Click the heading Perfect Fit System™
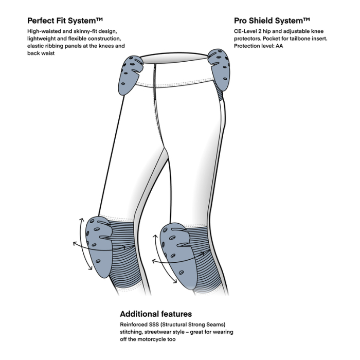pyautogui.click(x=65, y=21)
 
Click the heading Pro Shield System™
pyautogui.click(x=272, y=21)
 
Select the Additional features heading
pyautogui.click(x=156, y=314)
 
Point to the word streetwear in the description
pyautogui.click(x=160, y=332)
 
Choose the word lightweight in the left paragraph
pyautogui.click(x=43, y=39)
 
